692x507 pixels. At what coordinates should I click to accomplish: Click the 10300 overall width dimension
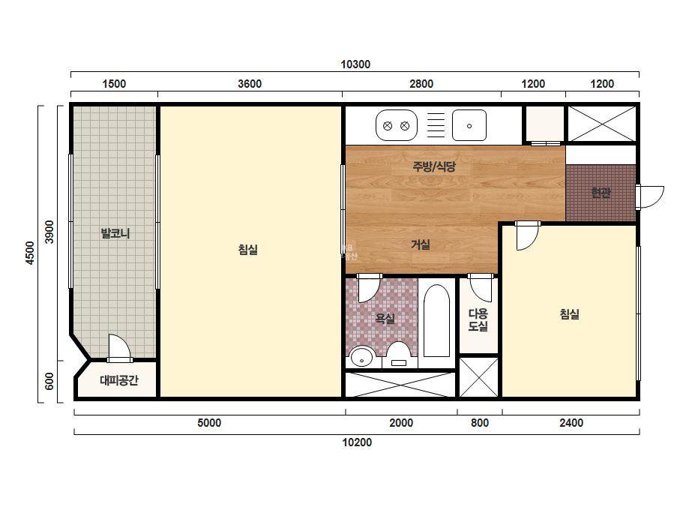coord(355,64)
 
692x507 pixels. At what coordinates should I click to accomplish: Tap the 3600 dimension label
coord(250,84)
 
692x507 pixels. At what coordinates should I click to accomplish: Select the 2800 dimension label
coord(421,84)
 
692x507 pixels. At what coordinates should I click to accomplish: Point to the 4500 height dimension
coord(29,253)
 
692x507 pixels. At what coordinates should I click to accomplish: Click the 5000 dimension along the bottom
coord(209,423)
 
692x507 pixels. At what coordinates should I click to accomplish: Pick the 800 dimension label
coord(480,423)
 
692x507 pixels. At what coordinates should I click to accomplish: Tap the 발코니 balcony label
coord(115,233)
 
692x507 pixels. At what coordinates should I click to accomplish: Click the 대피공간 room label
coord(119,380)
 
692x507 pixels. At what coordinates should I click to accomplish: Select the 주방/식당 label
coord(434,166)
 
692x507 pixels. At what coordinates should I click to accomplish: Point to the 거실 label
coord(421,244)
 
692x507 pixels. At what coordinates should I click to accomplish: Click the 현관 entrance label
coord(601,193)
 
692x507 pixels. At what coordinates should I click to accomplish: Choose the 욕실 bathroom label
coord(385,319)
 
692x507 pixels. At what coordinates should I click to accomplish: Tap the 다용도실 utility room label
coord(478,320)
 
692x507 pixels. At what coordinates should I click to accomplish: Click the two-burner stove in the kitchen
coord(397,126)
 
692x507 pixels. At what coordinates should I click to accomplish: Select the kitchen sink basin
coord(469,125)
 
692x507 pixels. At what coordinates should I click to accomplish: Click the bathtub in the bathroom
coord(436,321)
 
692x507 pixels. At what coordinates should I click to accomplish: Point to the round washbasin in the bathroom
coord(362,357)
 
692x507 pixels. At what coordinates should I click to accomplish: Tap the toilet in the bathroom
coord(399,354)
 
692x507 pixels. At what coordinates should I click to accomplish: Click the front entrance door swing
coord(649,197)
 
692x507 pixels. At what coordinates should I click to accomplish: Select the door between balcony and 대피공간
coord(119,348)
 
